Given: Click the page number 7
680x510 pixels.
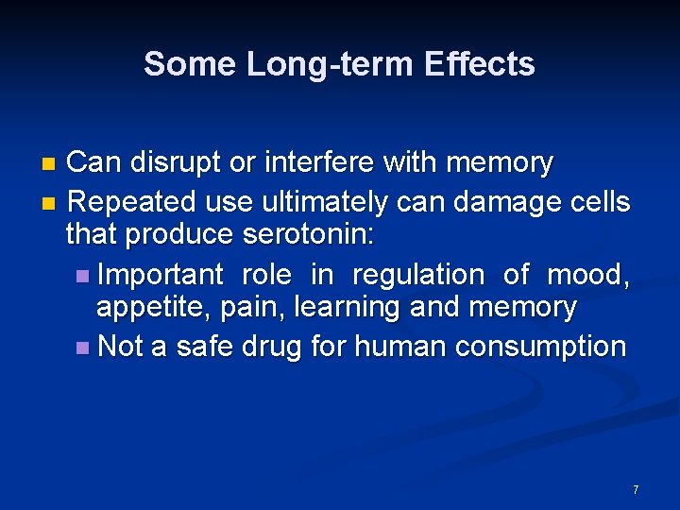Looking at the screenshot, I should pyautogui.click(x=636, y=489).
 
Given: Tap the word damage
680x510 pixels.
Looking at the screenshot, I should pyautogui.click(x=491, y=201).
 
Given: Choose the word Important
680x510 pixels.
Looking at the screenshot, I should pyautogui.click(x=160, y=275).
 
